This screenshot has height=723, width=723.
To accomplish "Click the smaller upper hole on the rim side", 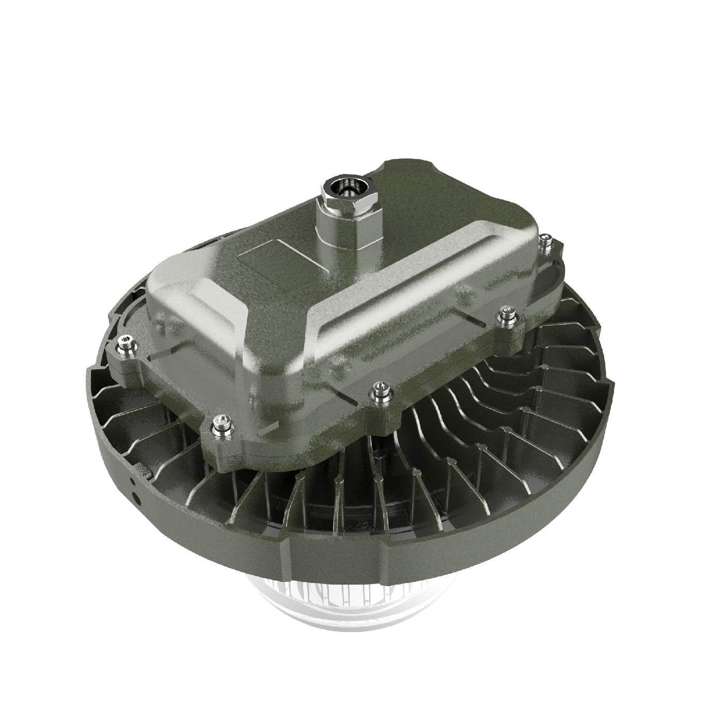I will point(133,481).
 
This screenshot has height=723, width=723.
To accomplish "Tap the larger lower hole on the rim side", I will point(138,497).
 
